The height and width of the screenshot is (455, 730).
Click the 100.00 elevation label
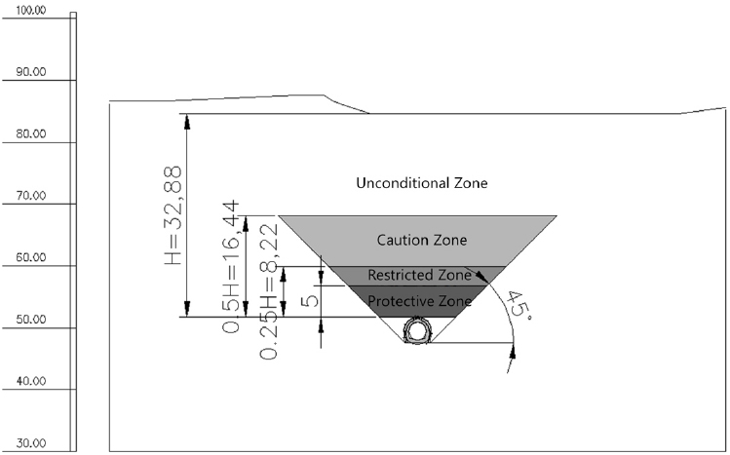31,11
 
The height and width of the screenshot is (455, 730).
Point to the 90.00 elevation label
31,72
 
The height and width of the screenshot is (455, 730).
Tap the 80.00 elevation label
31,134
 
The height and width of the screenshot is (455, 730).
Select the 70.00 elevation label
31,196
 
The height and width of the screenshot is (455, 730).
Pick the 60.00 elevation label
31,258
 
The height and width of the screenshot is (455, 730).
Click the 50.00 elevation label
31,320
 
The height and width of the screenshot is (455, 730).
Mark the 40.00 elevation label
31,381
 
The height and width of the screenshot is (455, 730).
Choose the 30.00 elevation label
31,443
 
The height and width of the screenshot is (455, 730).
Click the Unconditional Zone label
422,183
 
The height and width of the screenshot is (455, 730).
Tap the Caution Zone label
422,240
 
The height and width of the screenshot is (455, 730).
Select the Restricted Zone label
419,275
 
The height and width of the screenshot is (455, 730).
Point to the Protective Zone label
419,301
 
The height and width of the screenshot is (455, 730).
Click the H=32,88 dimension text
173,215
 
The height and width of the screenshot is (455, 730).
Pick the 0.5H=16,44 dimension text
231,267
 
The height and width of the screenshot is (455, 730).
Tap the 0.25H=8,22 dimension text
269,292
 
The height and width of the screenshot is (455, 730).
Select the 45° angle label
520,305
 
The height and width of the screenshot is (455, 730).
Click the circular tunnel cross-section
417,331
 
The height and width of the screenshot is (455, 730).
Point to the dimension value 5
311,299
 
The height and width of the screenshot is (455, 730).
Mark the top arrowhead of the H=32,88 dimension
187,121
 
